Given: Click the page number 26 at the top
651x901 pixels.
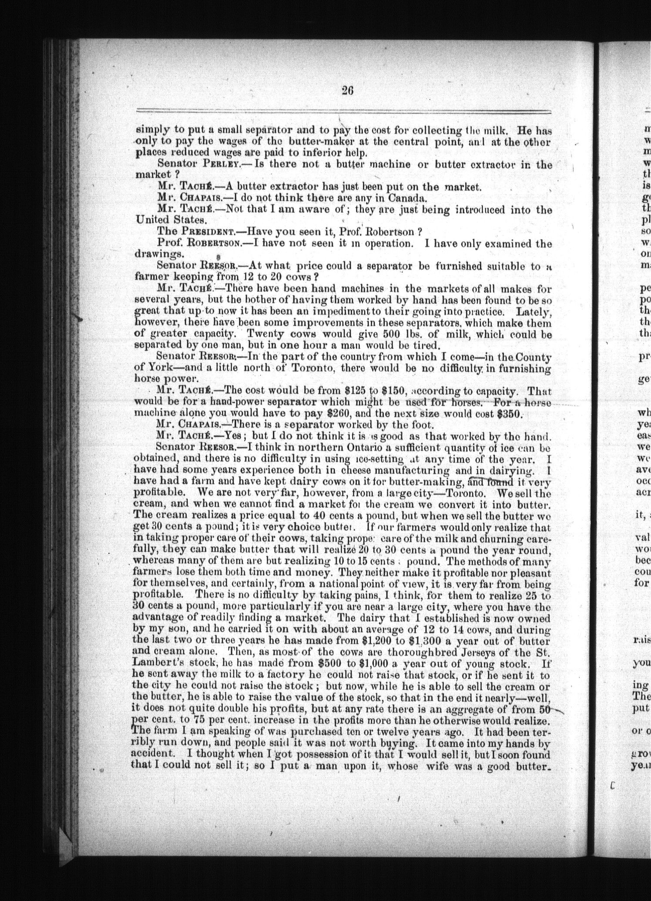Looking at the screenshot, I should (347, 90).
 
